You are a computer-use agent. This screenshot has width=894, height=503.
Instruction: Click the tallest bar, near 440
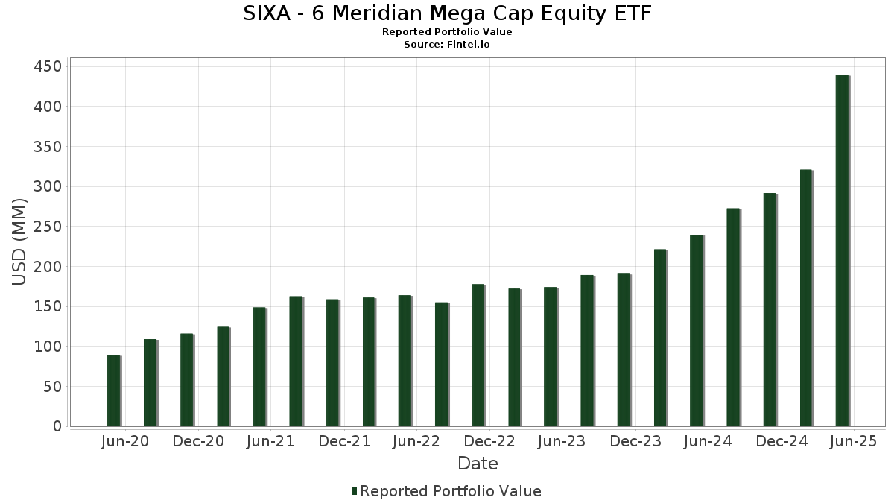point(842,250)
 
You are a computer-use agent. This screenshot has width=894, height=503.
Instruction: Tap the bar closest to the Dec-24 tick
point(770,309)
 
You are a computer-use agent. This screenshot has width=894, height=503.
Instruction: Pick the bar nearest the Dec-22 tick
point(478,355)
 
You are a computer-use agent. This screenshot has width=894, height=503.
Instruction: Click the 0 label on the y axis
point(57,426)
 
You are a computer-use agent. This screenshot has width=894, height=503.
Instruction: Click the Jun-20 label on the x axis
point(124,442)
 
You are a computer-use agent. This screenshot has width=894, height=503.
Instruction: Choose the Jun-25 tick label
point(854,442)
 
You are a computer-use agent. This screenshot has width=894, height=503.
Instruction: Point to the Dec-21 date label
point(344,442)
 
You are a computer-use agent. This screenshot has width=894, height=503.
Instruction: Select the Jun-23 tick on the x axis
point(562,442)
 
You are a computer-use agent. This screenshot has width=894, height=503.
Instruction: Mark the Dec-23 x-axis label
point(635,442)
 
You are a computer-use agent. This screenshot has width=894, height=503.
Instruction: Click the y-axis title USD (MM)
point(19,241)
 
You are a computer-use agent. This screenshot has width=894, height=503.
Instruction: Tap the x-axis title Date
point(478,464)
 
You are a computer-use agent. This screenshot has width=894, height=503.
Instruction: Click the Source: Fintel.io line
point(447,45)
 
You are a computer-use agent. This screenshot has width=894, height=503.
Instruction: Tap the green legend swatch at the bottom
point(355,491)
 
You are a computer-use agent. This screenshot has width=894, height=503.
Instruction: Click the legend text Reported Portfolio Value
point(451,491)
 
